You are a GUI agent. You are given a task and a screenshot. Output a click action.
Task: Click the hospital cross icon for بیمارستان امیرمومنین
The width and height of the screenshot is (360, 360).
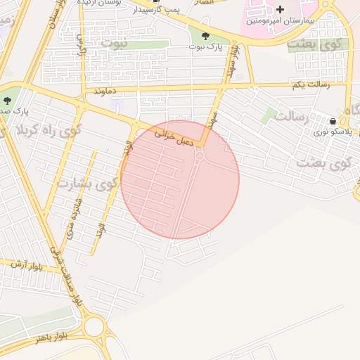tap(281, 10)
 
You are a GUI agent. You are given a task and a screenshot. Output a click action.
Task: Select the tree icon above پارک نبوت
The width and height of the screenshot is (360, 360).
tap(205, 36)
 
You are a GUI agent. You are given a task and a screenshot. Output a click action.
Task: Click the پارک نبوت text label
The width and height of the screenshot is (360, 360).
tap(205, 46)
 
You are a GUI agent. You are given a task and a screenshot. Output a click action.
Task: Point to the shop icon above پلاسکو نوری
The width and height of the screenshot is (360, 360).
tap(332, 120)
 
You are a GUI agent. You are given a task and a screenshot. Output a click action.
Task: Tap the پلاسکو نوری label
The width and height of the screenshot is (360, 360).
tap(330, 131)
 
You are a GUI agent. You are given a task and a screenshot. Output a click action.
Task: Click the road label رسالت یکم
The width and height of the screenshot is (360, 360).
tap(310, 85)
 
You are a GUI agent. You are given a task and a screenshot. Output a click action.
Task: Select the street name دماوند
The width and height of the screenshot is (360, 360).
tap(100, 91)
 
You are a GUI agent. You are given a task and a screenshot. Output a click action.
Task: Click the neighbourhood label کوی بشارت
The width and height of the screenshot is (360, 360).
tap(83, 184)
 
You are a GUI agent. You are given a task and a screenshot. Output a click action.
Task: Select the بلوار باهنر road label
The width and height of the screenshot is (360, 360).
tap(43, 338)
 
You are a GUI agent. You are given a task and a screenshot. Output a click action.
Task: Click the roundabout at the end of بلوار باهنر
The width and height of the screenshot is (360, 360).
tap(94, 327)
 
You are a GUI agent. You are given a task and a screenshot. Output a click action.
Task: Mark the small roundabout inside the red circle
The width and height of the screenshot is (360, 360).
tap(200, 155)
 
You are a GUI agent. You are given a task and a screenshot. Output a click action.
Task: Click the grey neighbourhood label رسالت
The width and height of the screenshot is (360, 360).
tap(293, 117)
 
